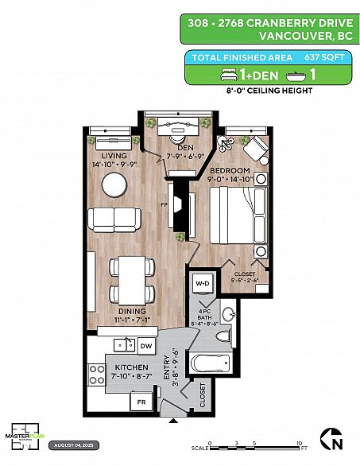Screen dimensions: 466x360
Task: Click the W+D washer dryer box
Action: click(x=202, y=283)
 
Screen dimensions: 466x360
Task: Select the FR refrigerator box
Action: click(x=141, y=404)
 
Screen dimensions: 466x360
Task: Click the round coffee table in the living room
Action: click(x=114, y=184)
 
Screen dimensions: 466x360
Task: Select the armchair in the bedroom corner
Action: click(x=255, y=149)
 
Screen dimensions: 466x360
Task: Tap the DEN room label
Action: click(x=186, y=147)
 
